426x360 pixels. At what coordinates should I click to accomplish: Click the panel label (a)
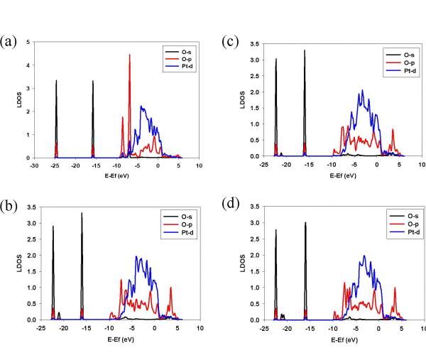[8, 39]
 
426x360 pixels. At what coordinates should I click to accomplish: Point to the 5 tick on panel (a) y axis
[28, 43]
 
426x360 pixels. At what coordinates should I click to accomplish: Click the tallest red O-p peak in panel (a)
[129, 55]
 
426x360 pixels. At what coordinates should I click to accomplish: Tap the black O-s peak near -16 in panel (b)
[82, 214]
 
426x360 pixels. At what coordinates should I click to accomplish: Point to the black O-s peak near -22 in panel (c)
[276, 60]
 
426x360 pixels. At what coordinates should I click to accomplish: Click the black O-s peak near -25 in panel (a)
[56, 82]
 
